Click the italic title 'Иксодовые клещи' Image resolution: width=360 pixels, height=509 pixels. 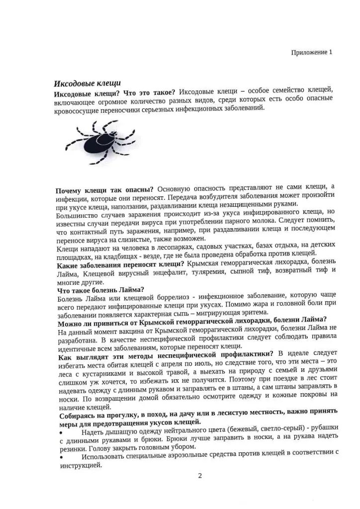click(x=87, y=83)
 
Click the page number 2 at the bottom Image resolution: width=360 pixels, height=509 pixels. click(x=199, y=476)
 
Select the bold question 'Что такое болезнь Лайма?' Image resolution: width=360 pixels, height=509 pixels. click(x=101, y=290)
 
